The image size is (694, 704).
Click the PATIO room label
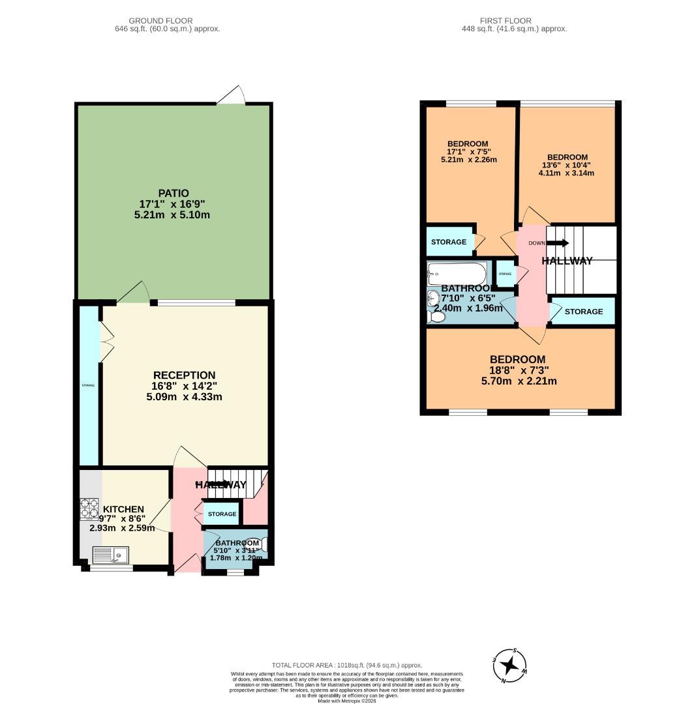click(x=173, y=193)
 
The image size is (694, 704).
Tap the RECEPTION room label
click(x=184, y=375)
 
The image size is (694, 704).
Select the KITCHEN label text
click(x=123, y=509)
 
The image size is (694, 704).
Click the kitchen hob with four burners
click(x=88, y=508)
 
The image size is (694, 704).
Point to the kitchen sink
click(x=111, y=555)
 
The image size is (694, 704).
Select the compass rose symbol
click(x=510, y=666)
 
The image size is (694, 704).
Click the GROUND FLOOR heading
click(x=160, y=21)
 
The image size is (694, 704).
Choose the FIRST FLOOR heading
click(x=505, y=21)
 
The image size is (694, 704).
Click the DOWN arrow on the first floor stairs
click(x=556, y=243)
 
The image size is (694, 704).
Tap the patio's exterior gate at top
click(x=231, y=96)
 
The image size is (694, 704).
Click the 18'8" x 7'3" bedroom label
click(x=517, y=359)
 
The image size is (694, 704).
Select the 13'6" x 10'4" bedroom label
click(x=567, y=157)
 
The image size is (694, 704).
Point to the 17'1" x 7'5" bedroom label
click(x=468, y=144)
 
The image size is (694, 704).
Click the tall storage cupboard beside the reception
click(x=89, y=385)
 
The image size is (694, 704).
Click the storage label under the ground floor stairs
click(x=222, y=514)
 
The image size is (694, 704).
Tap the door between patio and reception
click(x=134, y=293)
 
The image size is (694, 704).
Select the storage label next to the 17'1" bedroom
click(x=449, y=242)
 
